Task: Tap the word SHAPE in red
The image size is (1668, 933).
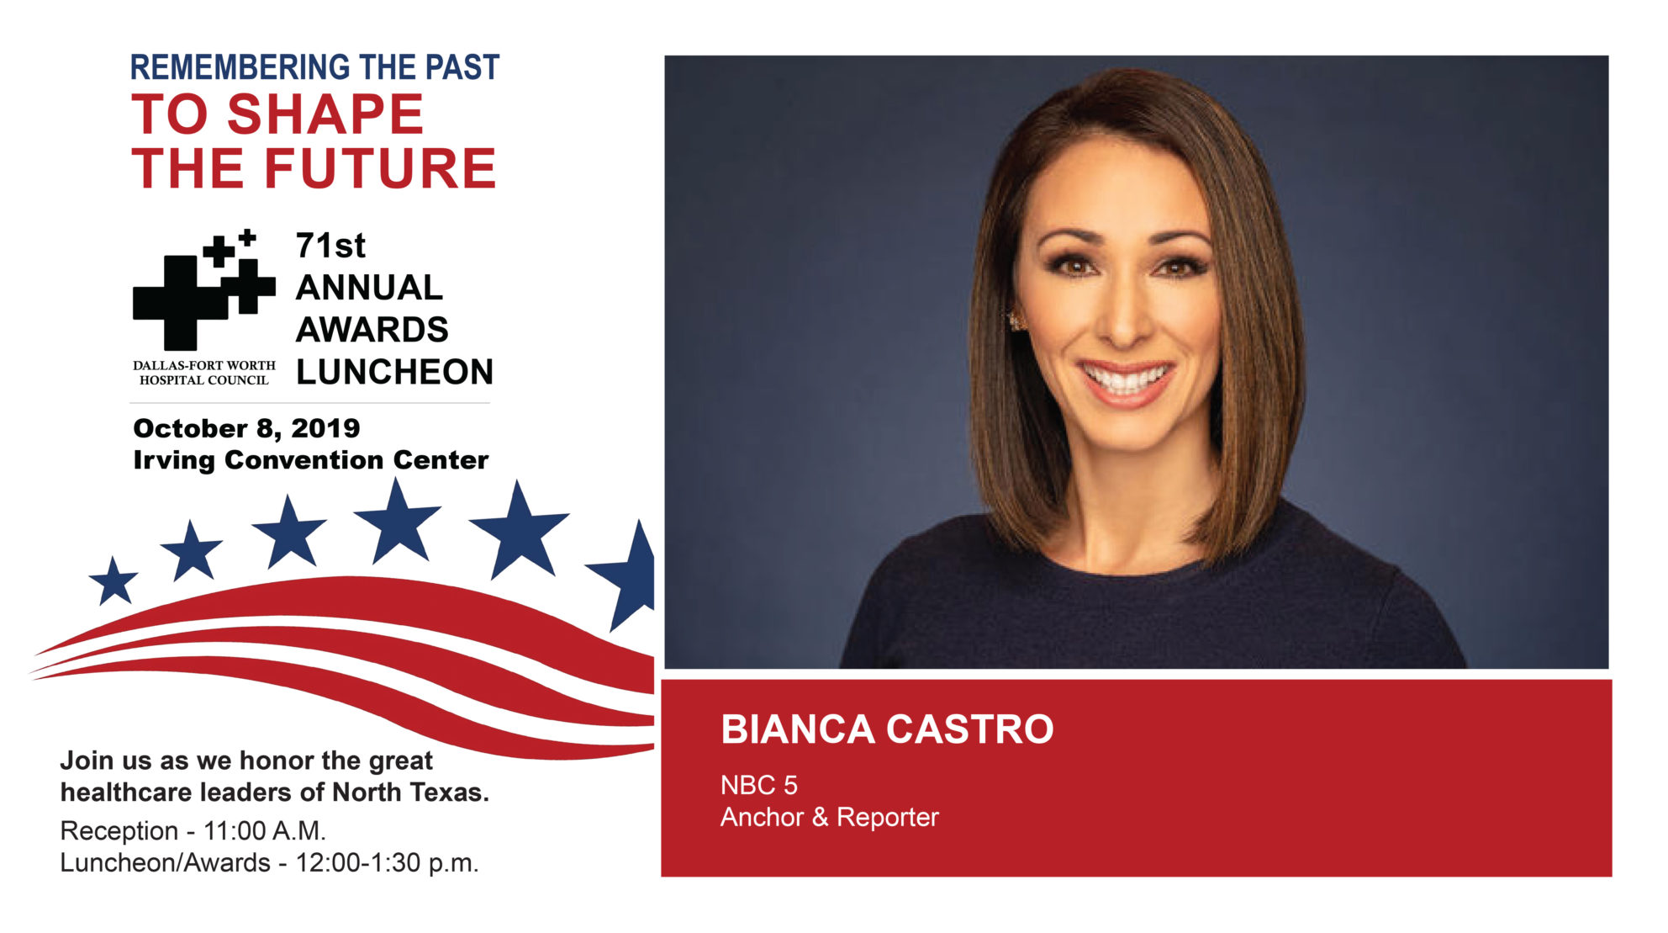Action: click(325, 114)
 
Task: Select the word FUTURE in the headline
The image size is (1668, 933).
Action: click(381, 168)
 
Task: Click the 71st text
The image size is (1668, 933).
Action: click(330, 246)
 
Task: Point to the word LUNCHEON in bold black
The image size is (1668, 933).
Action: click(394, 372)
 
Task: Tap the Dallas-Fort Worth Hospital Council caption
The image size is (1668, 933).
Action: click(204, 373)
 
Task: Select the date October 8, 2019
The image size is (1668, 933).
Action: click(246, 428)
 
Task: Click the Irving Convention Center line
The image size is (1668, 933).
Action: click(310, 460)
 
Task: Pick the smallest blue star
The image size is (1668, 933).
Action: click(113, 581)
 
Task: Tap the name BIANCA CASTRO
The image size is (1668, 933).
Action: click(887, 729)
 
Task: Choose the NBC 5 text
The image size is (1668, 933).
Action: click(758, 785)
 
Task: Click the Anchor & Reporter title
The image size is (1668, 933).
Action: click(829, 817)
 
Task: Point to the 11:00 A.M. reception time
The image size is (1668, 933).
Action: click(264, 830)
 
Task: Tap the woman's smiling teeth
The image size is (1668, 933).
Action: click(1127, 378)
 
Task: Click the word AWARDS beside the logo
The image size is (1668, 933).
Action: click(372, 330)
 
